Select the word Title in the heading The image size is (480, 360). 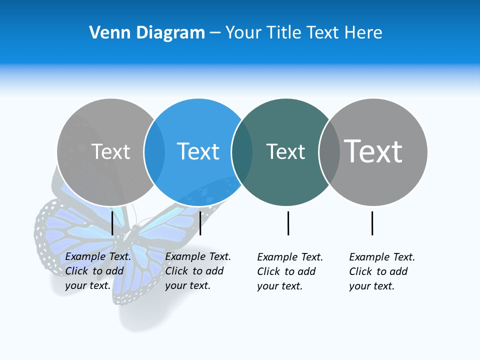283,33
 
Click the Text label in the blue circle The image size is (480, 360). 198,151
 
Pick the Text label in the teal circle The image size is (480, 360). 285,151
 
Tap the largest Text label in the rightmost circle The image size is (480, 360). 373,151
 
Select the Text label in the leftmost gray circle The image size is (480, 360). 110,151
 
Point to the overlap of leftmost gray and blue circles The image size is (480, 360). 154,151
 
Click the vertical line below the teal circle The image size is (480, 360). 288,223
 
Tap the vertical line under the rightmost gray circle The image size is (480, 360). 372,223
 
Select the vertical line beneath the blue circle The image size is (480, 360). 200,223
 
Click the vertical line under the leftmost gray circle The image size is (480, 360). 112,223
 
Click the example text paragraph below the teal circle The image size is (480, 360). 289,271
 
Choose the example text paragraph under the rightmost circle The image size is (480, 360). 381,271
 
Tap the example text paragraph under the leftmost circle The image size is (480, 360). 97,271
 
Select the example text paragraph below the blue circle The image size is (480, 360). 197,271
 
